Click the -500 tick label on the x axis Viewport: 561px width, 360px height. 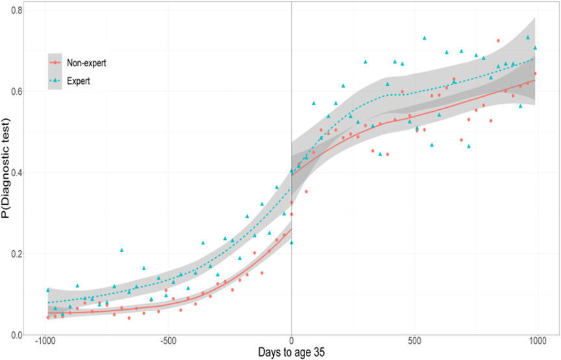[168, 342]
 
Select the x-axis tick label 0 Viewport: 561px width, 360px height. [292, 342]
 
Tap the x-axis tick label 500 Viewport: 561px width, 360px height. [414, 342]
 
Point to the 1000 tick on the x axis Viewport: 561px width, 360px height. [538, 342]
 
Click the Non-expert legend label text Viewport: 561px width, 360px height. [86, 63]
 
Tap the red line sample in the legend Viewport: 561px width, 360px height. [56, 63]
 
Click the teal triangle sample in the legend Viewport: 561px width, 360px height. [56, 81]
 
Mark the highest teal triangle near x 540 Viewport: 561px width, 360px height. [425, 38]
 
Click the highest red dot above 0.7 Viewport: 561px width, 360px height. [498, 40]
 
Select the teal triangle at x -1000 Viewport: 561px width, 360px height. [47, 290]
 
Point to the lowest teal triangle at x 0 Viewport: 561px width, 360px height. [292, 242]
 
